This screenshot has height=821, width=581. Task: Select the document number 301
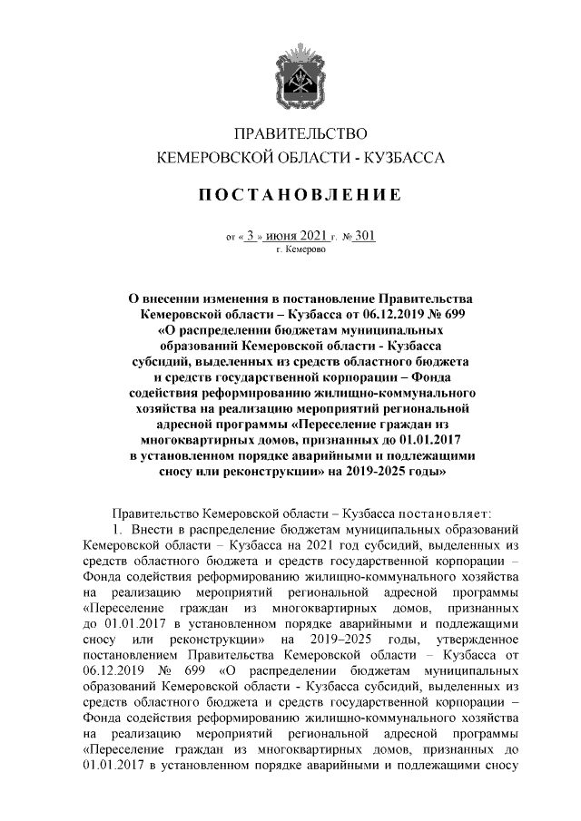point(365,236)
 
